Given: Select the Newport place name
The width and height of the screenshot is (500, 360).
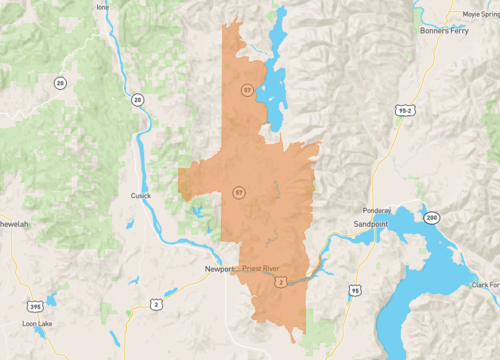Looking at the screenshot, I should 217,269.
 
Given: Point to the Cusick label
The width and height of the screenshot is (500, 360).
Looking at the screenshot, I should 141,196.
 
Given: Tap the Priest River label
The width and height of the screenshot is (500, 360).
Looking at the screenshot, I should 264,269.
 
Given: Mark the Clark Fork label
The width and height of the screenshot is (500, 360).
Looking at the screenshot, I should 484,284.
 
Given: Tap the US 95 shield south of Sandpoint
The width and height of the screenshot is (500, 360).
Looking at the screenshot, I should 354,290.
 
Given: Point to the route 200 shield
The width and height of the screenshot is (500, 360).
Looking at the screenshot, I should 431,216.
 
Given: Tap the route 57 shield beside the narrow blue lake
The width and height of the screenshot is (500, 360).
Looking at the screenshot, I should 246,90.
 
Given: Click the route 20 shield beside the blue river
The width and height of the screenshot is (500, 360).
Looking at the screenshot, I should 136,99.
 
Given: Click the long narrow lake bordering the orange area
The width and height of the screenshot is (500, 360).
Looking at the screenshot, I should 272,70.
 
